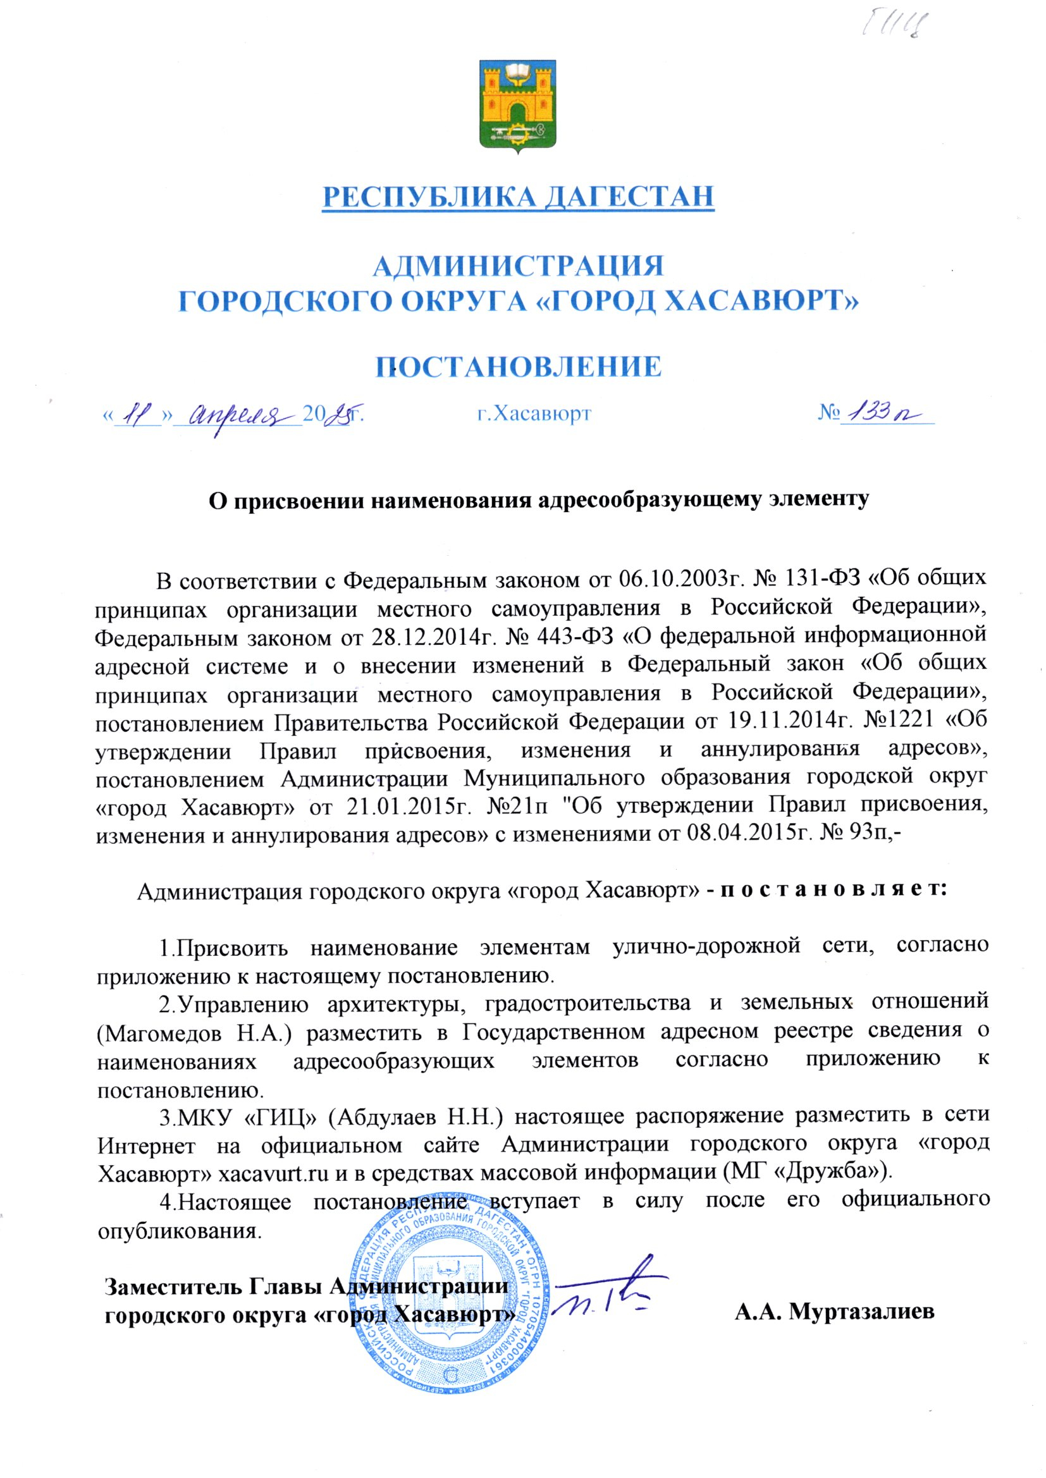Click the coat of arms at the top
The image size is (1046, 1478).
click(x=518, y=106)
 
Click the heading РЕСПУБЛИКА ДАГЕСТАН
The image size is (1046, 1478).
click(x=518, y=197)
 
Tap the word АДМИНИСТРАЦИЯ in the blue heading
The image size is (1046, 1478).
click(x=519, y=266)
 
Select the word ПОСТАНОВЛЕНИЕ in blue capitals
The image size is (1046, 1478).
click(x=519, y=366)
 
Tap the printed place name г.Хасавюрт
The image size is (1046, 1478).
click(x=534, y=413)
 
